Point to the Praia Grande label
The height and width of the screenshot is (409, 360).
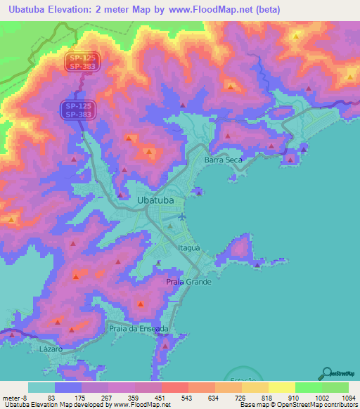click(x=188, y=282)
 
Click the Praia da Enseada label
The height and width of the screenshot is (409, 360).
click(x=139, y=328)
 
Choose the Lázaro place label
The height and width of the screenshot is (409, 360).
click(x=51, y=349)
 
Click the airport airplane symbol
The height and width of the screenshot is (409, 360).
click(x=182, y=216)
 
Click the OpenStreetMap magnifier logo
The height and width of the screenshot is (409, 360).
click(x=327, y=372)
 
